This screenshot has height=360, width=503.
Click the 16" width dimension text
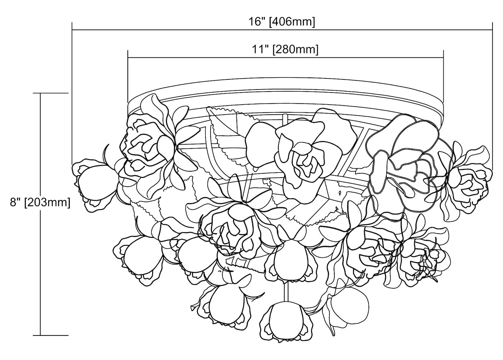256,22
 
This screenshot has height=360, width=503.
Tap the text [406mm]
292,22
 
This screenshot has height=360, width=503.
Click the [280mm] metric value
295,50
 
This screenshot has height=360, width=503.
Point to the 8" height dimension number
15,202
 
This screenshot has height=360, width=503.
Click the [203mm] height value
47,202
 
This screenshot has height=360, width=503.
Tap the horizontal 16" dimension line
282,29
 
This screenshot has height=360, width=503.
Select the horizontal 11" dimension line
286,57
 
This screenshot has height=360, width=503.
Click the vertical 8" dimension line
41,214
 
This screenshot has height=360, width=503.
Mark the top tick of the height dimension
51,93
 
